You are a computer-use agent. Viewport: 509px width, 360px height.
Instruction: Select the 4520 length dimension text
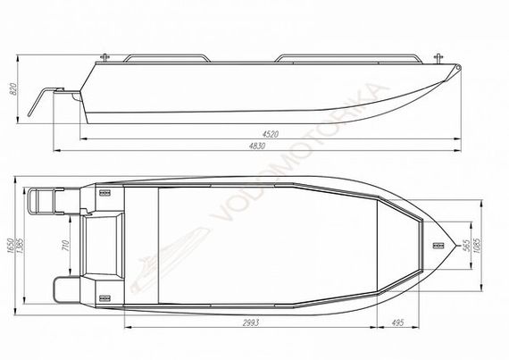270,134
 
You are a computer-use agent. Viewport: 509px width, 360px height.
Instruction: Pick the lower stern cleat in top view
104,294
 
